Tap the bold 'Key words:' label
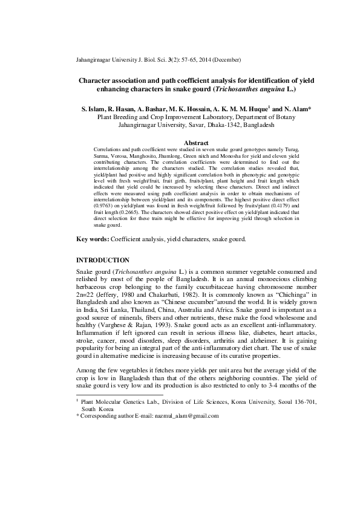93,239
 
